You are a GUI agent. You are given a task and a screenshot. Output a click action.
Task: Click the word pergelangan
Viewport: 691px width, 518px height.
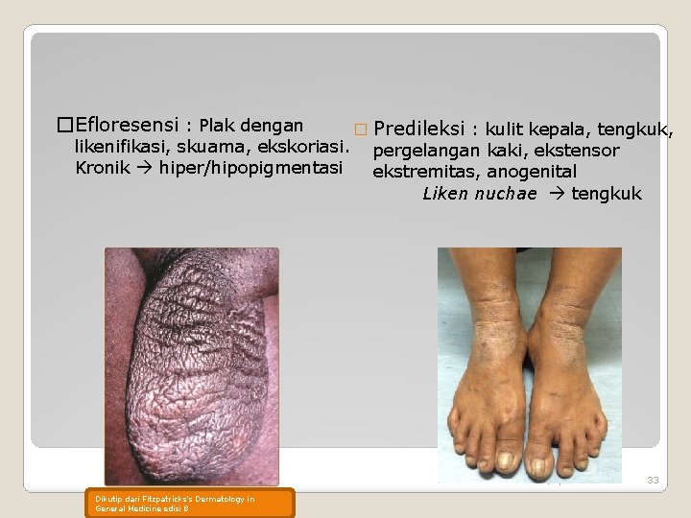click(427, 151)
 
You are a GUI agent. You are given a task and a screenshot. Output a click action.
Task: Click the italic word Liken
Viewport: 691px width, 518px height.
click(444, 194)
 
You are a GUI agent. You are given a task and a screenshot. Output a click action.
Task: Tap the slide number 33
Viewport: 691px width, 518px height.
click(653, 480)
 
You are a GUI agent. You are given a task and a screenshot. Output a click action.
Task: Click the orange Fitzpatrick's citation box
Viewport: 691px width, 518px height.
click(193, 503)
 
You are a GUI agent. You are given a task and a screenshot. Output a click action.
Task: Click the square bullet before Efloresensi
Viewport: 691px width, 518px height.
click(65, 126)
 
